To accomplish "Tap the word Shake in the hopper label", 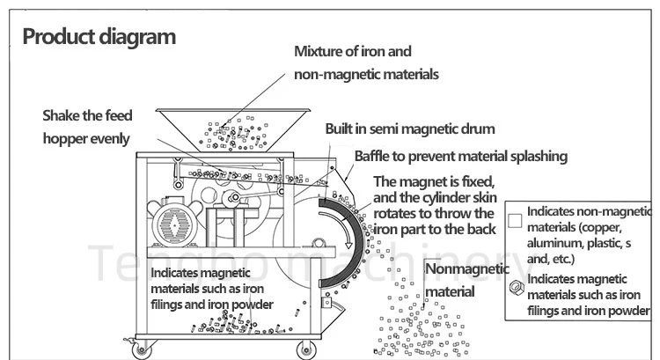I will click(x=63, y=116).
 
